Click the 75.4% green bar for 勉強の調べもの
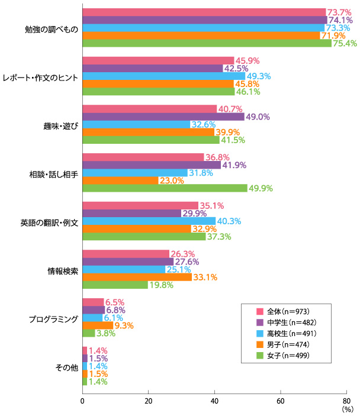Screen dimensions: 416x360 pyautogui.click(x=207, y=43)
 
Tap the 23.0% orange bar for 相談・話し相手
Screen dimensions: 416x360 pyautogui.click(x=120, y=180)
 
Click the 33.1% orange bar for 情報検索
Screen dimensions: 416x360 pyautogui.click(x=137, y=277)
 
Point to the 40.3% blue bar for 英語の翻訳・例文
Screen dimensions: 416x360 pyautogui.click(x=149, y=221)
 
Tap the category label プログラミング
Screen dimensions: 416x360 pyautogui.click(x=54, y=319)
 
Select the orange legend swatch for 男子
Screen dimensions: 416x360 pyautogui.click(x=259, y=344)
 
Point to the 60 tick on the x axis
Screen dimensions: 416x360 pyautogui.click(x=280, y=400)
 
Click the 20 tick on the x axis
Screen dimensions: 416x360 pyautogui.click(x=148, y=400)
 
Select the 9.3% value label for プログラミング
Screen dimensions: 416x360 pyautogui.click(x=124, y=325)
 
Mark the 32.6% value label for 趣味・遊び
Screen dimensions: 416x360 pyautogui.click(x=202, y=124)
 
